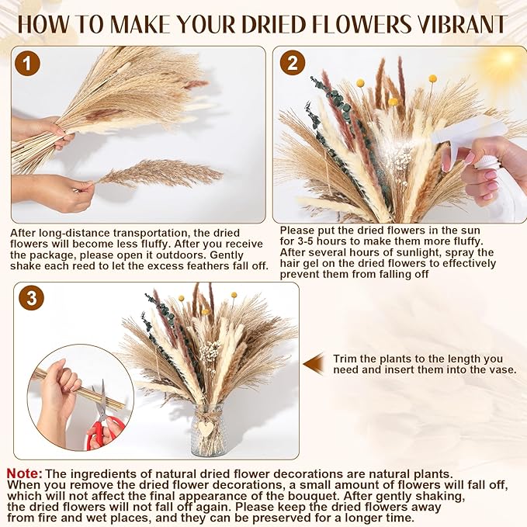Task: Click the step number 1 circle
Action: (27, 63)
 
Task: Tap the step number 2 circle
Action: (293, 63)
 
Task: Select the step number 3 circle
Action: (31, 297)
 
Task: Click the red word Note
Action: (25, 473)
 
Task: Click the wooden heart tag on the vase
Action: (205, 428)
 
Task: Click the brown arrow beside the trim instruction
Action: (314, 364)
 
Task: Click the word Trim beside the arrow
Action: (345, 359)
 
